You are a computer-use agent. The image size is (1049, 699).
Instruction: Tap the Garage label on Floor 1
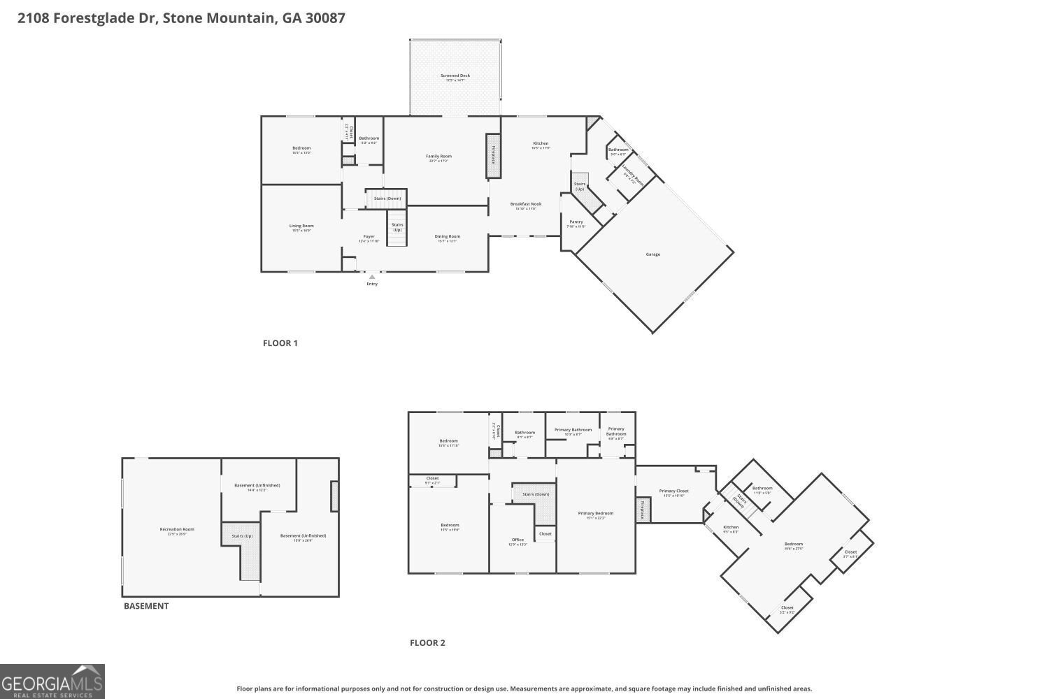[652, 254]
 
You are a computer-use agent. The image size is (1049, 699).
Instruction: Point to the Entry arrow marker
[371, 278]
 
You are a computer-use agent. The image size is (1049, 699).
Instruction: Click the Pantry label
[576, 222]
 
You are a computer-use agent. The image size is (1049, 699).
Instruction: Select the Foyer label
[369, 237]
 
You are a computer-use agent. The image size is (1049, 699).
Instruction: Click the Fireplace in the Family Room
[493, 155]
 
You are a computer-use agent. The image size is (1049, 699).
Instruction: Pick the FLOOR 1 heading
[280, 343]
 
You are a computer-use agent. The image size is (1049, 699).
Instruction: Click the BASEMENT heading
[146, 606]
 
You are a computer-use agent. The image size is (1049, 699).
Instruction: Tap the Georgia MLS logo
[52, 682]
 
